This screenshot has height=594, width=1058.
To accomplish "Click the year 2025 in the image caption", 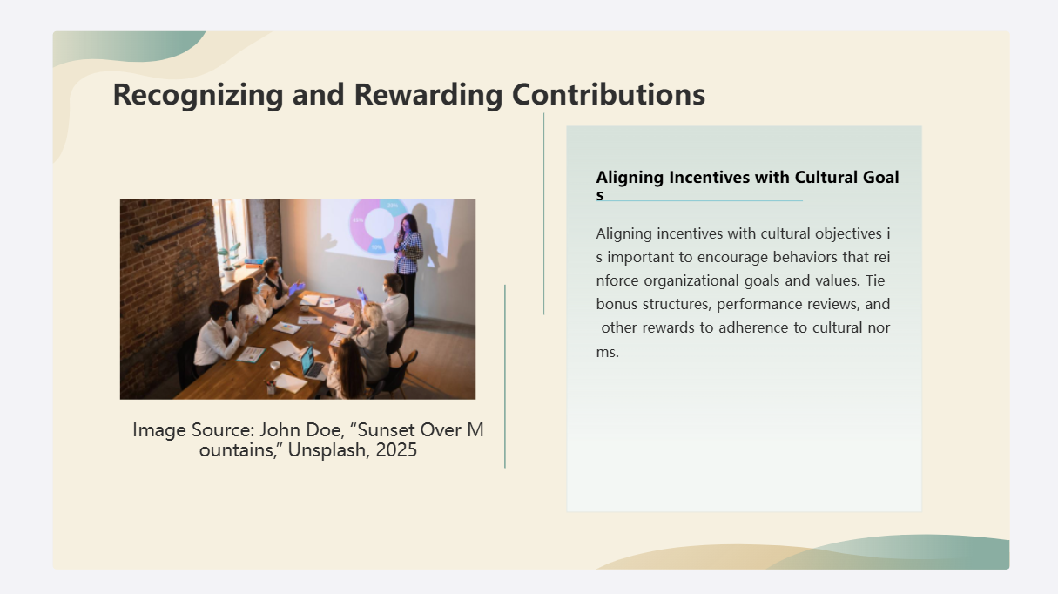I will tap(396, 450).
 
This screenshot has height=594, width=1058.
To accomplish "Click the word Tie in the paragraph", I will tap(875, 281).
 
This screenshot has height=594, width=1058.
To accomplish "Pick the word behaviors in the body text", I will tap(807, 258).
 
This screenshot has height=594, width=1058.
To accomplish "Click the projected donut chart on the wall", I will tap(379, 224).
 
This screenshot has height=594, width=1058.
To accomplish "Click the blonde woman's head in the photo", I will tap(371, 314).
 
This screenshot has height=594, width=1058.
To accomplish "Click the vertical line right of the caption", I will tap(505, 375).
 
